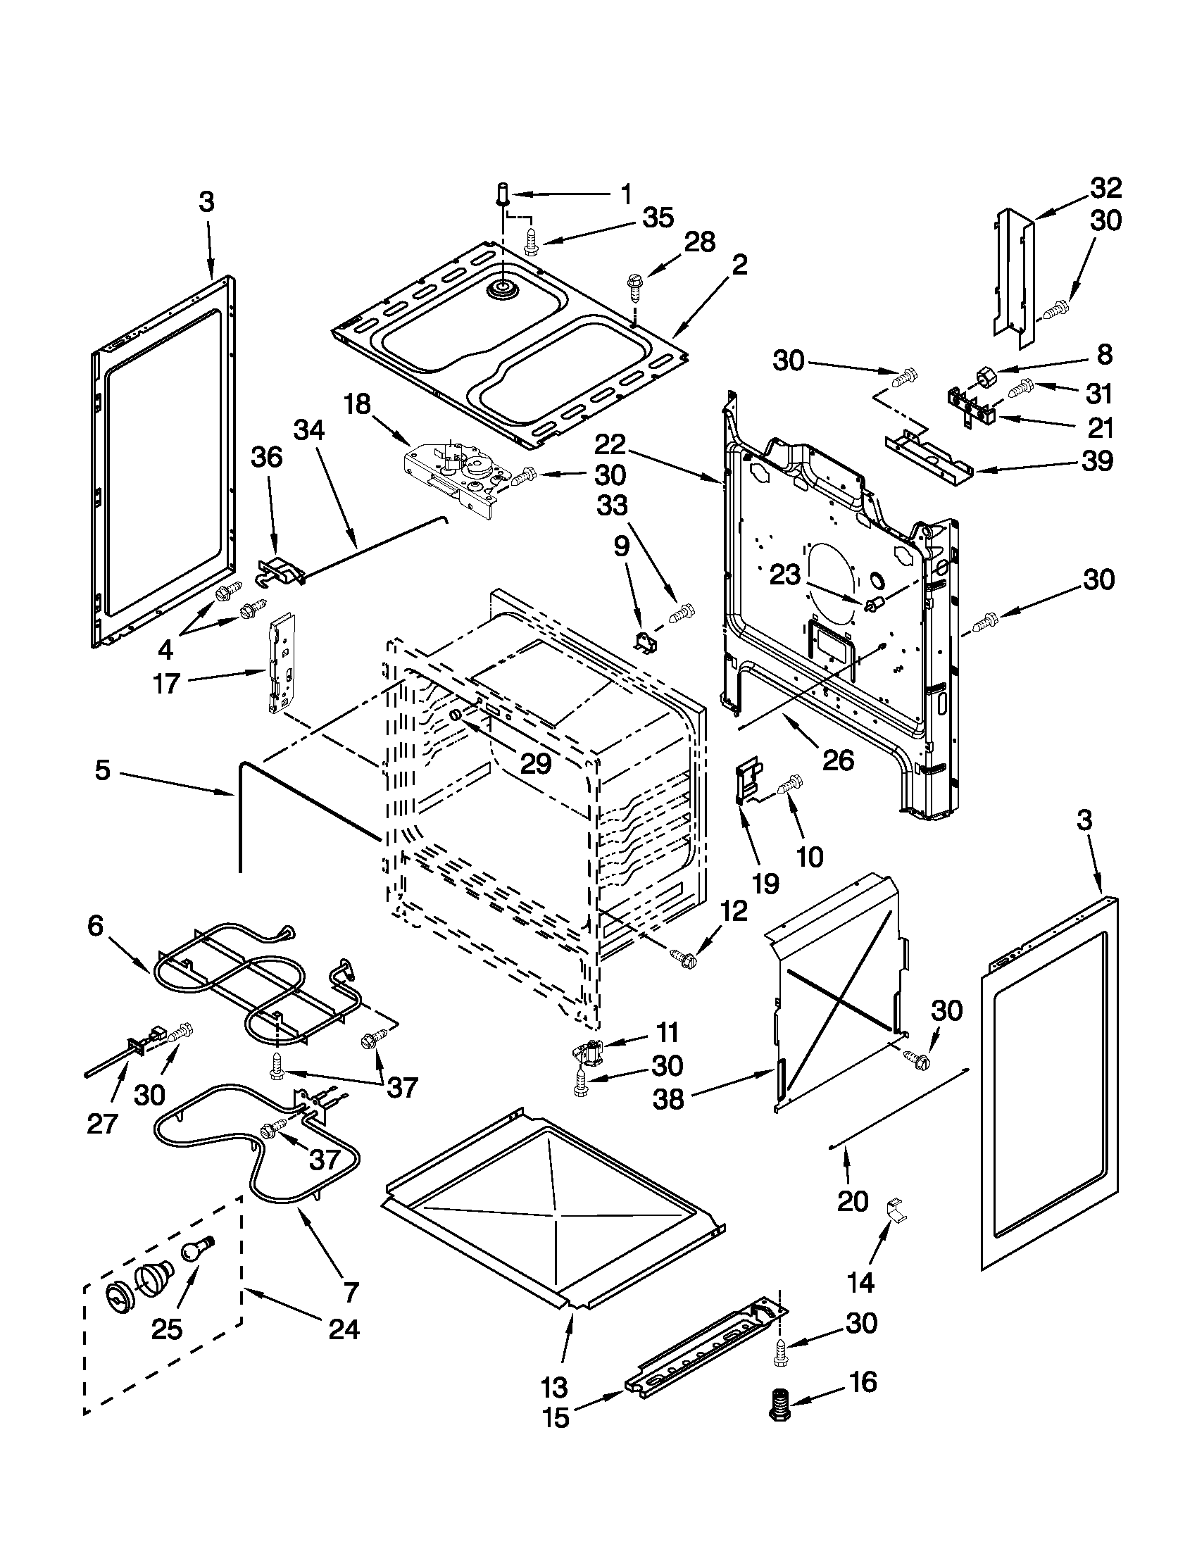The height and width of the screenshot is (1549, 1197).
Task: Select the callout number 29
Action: [535, 763]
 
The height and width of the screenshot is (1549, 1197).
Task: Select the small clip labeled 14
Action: [896, 1209]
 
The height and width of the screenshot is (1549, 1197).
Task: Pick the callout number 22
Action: [610, 445]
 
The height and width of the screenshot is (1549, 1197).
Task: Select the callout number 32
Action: [1106, 188]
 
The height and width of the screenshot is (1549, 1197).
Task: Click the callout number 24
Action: [344, 1329]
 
